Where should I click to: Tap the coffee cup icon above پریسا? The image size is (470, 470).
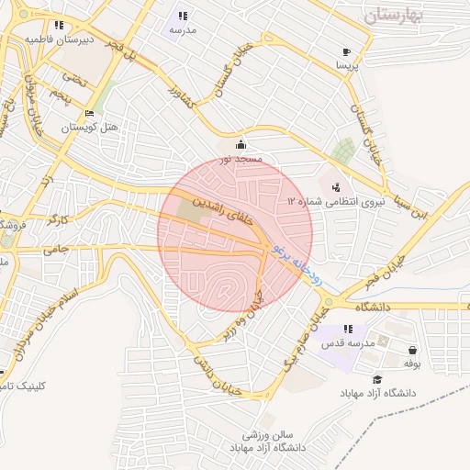point(346,52)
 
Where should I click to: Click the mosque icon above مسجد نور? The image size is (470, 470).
point(241,143)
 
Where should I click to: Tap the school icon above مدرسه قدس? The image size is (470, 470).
point(347,329)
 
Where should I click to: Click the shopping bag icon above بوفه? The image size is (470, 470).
point(412,350)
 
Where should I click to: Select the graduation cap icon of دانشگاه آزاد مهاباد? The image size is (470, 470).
point(376,380)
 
